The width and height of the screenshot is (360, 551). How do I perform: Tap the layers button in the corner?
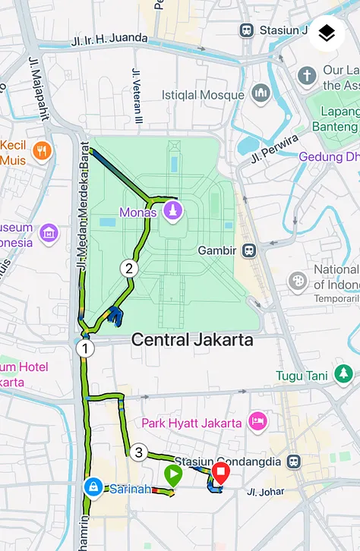click(x=327, y=33)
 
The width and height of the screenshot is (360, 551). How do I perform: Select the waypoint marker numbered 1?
click(x=84, y=349)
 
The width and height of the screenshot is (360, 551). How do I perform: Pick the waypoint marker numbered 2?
click(x=128, y=268)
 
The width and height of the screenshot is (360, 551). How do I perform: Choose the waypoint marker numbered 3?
click(x=137, y=453)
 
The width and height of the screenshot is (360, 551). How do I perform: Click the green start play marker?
click(x=173, y=476)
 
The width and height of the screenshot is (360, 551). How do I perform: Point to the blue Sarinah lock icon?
click(x=93, y=486)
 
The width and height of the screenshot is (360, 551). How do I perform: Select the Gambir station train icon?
click(x=248, y=250)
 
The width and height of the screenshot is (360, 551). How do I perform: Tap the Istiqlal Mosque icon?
click(x=261, y=95)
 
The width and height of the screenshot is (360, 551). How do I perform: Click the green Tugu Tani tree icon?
click(x=344, y=374)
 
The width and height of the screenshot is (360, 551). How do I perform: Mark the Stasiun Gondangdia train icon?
click(x=294, y=461)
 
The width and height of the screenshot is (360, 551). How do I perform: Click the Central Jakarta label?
click(x=192, y=339)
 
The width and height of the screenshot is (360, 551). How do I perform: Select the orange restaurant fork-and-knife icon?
click(x=42, y=150)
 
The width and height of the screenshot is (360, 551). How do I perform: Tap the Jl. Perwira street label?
click(x=274, y=148)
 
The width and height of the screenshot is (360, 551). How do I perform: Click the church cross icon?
click(x=306, y=76)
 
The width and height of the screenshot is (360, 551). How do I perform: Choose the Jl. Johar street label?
click(x=265, y=492)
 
